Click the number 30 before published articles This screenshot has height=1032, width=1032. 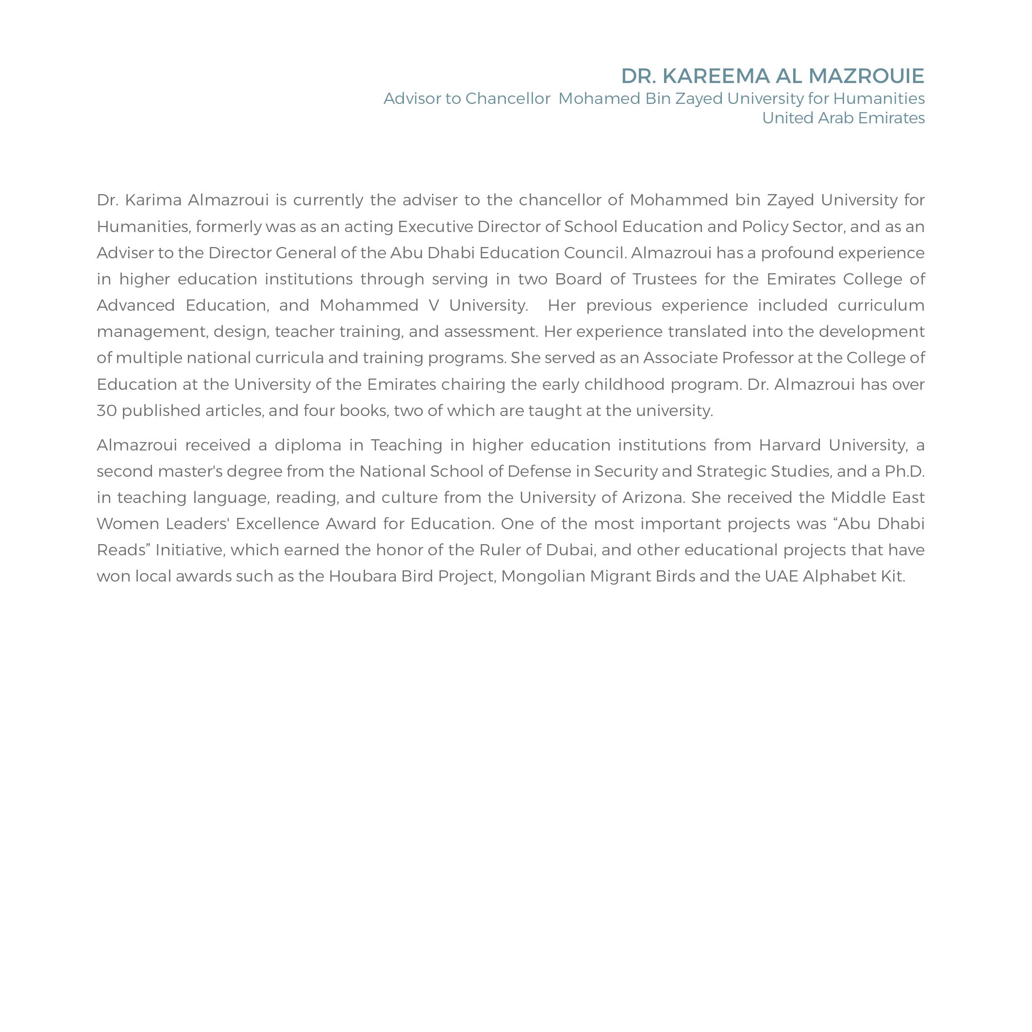click(x=106, y=411)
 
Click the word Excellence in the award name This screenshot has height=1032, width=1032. click(x=277, y=524)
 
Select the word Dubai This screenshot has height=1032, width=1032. click(x=570, y=550)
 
